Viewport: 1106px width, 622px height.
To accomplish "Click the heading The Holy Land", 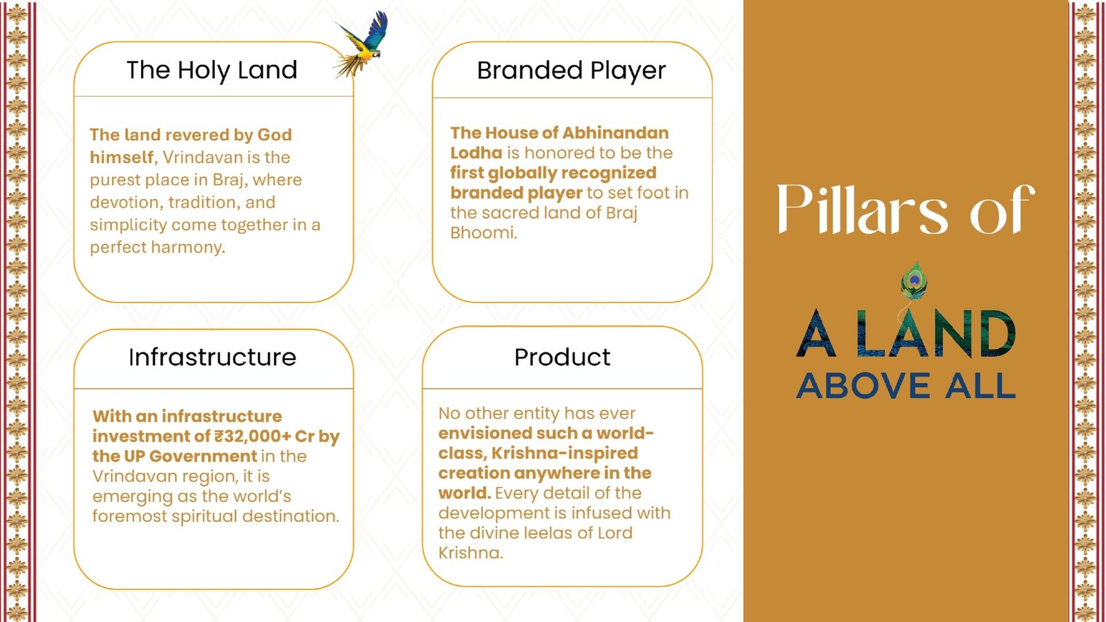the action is click(212, 70).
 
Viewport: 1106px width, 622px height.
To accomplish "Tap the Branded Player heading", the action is click(571, 70).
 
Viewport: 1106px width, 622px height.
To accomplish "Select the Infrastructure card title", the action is click(212, 357).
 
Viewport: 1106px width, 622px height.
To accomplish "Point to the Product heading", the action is click(563, 357).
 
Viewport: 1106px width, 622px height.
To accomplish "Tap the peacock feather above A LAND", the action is click(913, 281).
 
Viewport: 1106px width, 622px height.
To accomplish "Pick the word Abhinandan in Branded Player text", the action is click(615, 133).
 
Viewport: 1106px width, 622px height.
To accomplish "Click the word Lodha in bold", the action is click(476, 153).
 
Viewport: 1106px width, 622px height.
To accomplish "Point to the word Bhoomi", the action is click(483, 233).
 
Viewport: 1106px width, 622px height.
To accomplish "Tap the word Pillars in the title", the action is click(862, 209).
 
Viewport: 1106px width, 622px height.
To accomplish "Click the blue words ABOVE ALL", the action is click(906, 386).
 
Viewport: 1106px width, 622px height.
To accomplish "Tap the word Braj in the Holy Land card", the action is click(229, 180).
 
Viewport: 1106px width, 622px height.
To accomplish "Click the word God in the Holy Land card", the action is click(274, 135).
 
